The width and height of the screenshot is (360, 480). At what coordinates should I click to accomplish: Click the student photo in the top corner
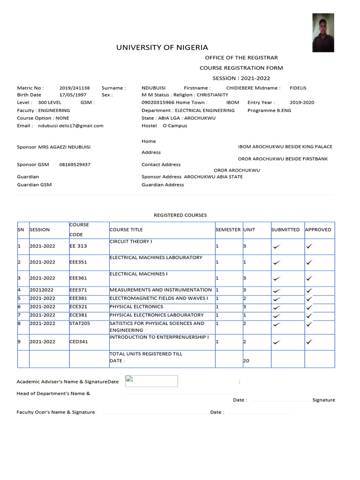coord(323,32)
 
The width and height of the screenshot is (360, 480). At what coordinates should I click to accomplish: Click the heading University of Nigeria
coord(162,47)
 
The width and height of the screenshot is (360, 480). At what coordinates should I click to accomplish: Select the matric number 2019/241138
coord(75,88)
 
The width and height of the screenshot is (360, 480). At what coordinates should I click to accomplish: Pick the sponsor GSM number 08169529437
coord(75,165)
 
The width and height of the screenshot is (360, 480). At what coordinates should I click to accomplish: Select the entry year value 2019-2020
coord(302,102)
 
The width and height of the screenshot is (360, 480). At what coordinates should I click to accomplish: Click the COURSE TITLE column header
coord(126,230)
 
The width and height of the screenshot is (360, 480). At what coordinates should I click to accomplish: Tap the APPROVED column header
coord(318,230)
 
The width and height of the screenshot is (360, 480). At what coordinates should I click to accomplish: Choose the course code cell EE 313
coord(78,246)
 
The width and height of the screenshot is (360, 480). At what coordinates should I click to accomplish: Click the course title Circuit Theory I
coord(131,241)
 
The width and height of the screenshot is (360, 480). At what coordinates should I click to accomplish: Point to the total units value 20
coord(246,361)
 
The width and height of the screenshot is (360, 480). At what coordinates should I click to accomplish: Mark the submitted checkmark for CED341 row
coord(277,342)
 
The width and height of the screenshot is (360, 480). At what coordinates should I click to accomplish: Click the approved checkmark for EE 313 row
coord(309,246)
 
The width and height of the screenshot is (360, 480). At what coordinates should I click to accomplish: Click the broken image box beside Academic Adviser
coord(151,381)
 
